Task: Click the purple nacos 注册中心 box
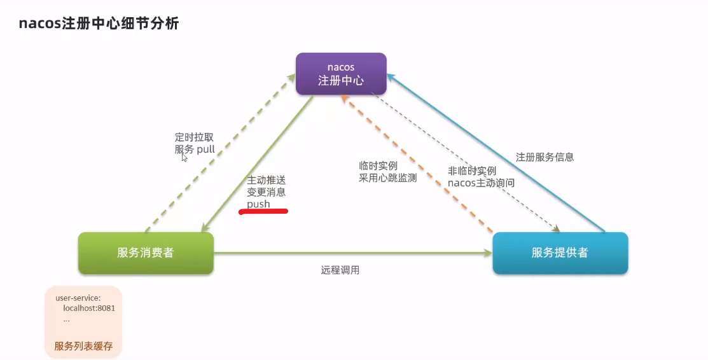point(341,74)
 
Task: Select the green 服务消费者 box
point(145,253)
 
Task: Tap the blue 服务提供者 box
point(560,253)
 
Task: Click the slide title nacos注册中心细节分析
point(99,24)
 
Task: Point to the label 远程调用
point(340,270)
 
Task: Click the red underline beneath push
point(263,212)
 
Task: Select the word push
point(258,204)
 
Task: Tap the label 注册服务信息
point(545,156)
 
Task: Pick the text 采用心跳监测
point(387,178)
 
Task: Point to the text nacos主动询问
point(481,183)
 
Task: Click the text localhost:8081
point(88,308)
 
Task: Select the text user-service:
point(78,297)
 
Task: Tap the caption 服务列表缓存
point(83,346)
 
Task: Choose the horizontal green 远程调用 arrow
point(352,254)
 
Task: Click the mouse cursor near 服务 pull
point(184,158)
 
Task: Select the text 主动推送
point(266,181)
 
